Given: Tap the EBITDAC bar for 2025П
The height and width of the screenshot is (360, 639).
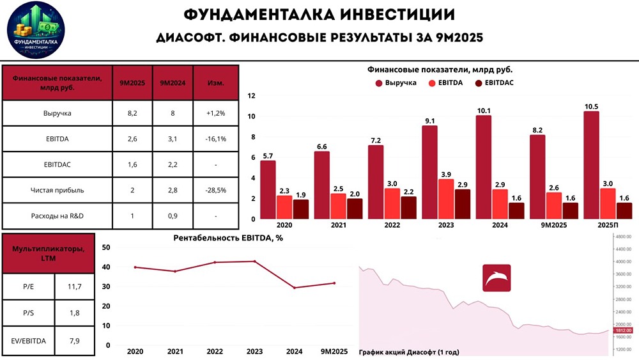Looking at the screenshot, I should [625, 211].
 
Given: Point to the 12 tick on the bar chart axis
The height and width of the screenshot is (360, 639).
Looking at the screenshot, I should [251, 96].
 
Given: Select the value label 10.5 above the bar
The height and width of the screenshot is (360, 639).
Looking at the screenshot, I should [591, 106].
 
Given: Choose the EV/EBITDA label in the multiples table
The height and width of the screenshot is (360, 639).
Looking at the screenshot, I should [29, 341].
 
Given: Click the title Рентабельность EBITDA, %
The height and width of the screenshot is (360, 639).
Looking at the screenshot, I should [227, 239].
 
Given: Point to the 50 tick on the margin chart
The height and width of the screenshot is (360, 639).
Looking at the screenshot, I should [106, 247].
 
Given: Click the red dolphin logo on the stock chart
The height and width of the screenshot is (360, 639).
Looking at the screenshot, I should [496, 278].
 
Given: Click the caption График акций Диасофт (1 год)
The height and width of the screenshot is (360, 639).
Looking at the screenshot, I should [409, 352].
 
